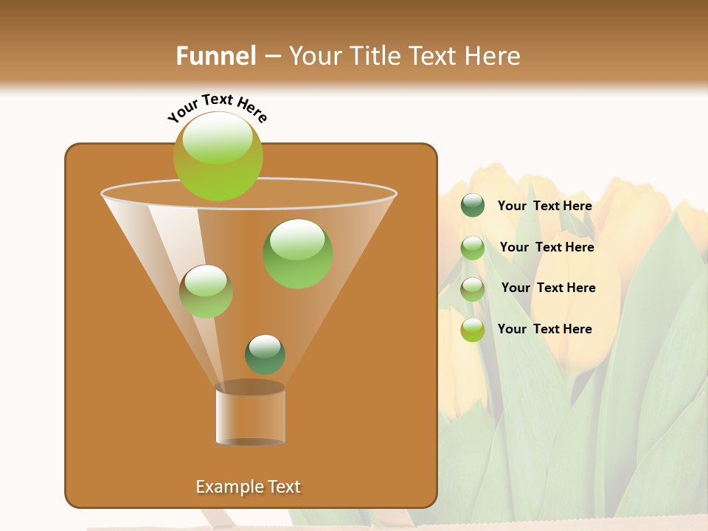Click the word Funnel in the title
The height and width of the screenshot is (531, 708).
coord(215,56)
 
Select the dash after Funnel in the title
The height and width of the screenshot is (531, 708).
coord(271,57)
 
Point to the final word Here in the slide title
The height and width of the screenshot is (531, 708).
coord(493,56)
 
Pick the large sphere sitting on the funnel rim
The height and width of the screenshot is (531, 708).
coord(218,156)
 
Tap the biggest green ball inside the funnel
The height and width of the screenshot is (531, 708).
coord(297,254)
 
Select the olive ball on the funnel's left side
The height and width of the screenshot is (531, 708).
coord(206,291)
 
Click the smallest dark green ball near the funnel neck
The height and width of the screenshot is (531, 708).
coord(265,355)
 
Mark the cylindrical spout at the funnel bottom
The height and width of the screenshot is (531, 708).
coord(250,413)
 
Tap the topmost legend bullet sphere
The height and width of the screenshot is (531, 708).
coord(473,206)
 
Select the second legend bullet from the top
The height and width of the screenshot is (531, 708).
coord(473,248)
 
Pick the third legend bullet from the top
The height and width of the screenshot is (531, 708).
coord(473,289)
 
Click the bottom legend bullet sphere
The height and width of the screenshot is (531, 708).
coord(473,330)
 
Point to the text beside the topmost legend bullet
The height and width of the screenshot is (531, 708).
coord(544,206)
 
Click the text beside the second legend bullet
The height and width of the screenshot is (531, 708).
coord(546,248)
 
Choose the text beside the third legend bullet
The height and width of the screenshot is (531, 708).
coord(548,288)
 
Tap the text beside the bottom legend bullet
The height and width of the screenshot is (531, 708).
coord(544,329)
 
